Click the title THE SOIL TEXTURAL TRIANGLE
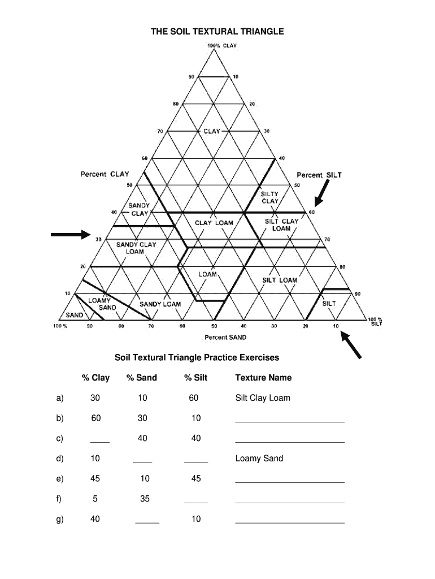(x=217, y=32)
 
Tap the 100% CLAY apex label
(x=221, y=46)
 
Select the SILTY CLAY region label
(x=269, y=197)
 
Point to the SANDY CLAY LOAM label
(x=136, y=248)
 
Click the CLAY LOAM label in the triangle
(x=214, y=223)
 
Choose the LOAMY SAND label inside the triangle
(x=103, y=304)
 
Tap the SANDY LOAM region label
(x=160, y=304)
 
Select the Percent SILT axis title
(x=319, y=175)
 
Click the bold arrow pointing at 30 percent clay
(x=70, y=234)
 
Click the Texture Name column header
(x=263, y=378)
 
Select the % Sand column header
(x=142, y=378)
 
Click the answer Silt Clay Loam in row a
(x=262, y=397)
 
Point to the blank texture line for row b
(x=289, y=421)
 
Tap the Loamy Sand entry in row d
(x=259, y=458)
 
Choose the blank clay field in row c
(x=100, y=440)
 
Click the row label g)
(x=60, y=518)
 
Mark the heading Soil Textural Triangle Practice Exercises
(x=197, y=357)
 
